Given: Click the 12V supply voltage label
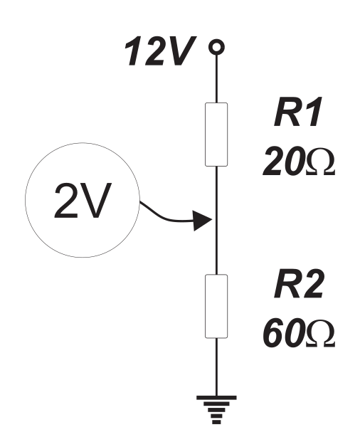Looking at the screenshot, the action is click(x=160, y=51).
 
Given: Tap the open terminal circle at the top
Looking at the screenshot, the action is click(x=216, y=46).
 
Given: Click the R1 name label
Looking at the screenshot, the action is click(x=297, y=112).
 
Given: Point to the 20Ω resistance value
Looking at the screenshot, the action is click(x=299, y=161).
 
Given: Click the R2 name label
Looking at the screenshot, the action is click(x=299, y=284).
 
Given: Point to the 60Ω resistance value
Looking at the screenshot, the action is click(x=299, y=333).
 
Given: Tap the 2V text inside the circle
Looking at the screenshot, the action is click(x=83, y=201).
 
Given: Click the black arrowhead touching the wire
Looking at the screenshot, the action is click(x=203, y=221).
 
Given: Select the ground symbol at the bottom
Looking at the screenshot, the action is click(x=216, y=409).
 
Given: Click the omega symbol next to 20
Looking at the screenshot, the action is click(x=320, y=162).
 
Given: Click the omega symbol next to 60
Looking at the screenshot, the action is click(x=320, y=334).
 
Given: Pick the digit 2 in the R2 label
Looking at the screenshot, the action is click(x=312, y=284).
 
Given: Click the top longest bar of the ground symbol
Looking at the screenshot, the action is click(x=216, y=398).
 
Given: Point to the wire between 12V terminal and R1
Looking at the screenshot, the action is click(x=216, y=78).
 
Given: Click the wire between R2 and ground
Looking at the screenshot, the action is click(x=216, y=367).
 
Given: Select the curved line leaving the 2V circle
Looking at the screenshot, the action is click(x=166, y=217).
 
